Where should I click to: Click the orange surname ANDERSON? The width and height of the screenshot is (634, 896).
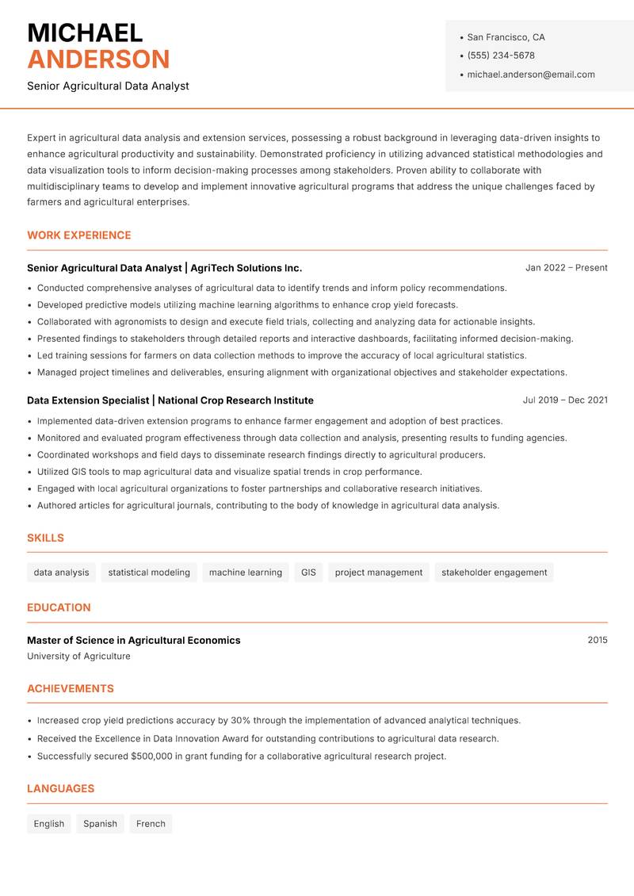pos(98,59)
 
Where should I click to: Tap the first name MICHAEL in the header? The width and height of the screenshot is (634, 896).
pos(85,33)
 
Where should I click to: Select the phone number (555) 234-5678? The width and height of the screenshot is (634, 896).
pos(500,56)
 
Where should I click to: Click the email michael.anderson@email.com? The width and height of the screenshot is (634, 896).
pos(530,75)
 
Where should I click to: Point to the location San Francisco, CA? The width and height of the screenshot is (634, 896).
pos(506,37)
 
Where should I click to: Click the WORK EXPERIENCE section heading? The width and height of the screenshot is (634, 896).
pos(79,235)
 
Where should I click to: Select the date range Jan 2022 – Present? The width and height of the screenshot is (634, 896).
pos(566,268)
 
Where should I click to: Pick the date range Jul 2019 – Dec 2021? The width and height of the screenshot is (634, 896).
pos(565,400)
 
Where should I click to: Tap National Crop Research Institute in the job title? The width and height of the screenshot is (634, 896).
pos(235,400)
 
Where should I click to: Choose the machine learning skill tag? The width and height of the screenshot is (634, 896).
pos(246,572)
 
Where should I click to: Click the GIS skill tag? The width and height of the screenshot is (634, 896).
pos(308,572)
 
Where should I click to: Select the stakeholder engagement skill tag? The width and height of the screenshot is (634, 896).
pos(494,572)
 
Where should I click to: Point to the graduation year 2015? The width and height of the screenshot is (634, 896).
pos(597,640)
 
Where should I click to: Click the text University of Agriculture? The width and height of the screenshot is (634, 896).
pos(78,657)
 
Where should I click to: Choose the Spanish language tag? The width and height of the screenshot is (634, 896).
pos(100,824)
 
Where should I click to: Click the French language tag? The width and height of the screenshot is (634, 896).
pos(151,824)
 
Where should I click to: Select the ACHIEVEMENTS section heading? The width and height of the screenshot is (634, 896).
pos(71,689)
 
